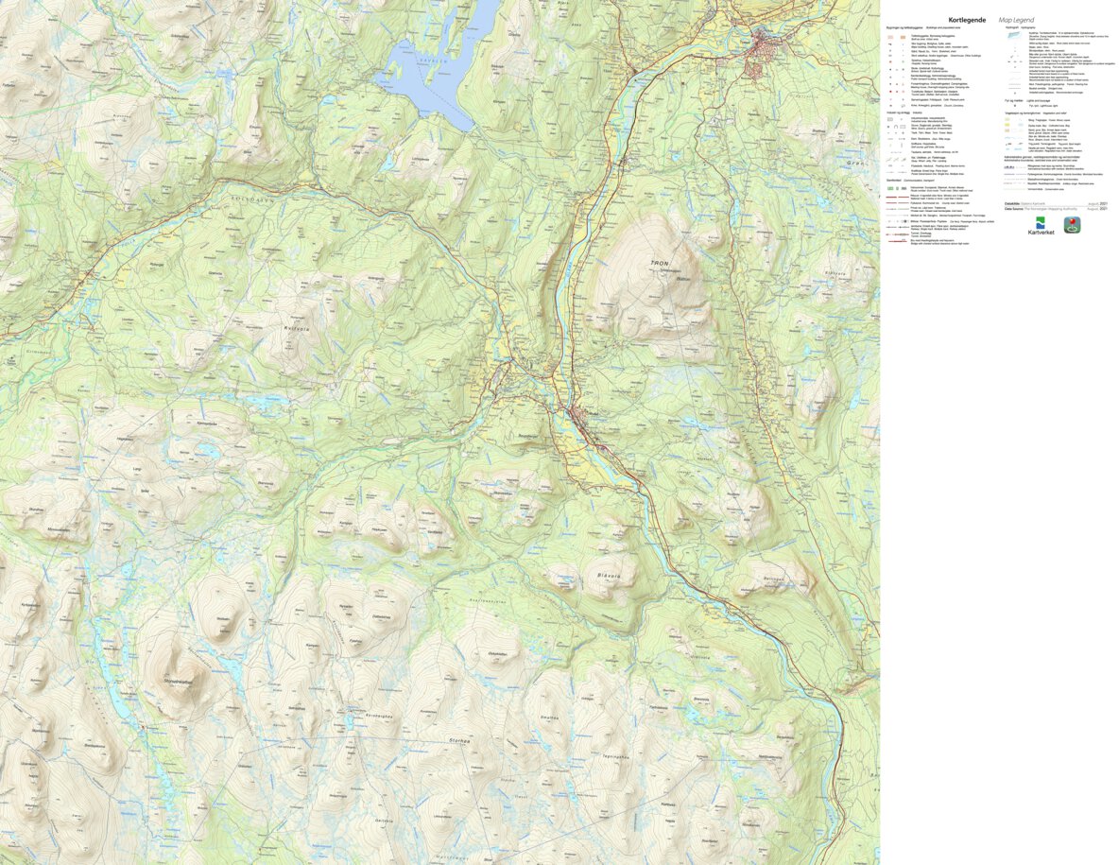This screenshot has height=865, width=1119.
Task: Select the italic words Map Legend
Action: pos(1016,19)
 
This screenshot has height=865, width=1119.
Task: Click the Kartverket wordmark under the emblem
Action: pos(1042,233)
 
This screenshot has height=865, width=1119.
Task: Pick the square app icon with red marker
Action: pos(1073,225)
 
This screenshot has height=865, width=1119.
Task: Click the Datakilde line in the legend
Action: pos(1025,202)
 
